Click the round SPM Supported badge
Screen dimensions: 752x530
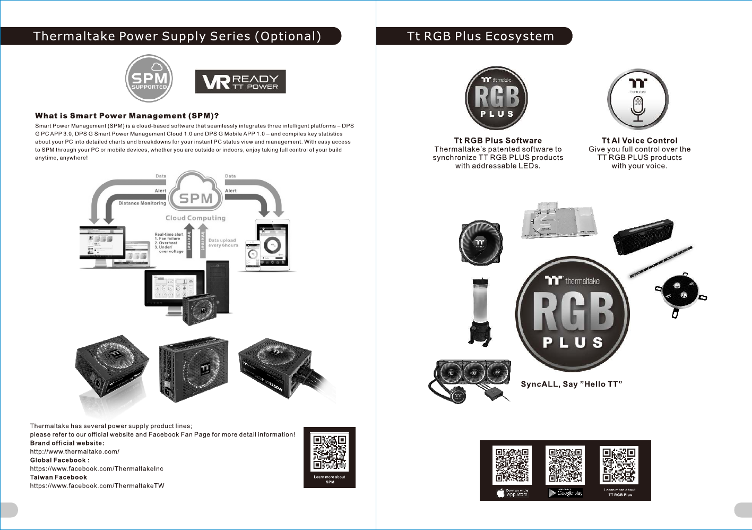point(149,79)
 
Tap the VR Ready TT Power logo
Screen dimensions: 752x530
point(240,82)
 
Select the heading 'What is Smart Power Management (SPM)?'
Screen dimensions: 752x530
point(127,116)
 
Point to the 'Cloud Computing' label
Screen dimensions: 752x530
point(195,218)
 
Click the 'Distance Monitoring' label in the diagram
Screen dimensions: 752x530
point(142,203)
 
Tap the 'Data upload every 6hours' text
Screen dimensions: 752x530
point(223,243)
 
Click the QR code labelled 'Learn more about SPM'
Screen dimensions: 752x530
point(330,452)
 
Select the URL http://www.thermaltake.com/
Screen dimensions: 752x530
point(74,452)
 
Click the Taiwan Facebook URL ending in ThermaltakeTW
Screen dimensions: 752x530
point(97,486)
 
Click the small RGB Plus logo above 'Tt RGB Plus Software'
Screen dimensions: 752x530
point(497,98)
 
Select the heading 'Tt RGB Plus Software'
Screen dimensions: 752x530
point(498,141)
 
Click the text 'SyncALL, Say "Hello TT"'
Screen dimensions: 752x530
point(571,384)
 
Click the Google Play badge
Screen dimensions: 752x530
point(565,493)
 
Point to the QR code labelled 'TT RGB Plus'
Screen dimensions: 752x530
point(619,465)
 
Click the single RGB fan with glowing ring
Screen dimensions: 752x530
point(480,243)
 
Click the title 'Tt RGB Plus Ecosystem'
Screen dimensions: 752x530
point(480,36)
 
